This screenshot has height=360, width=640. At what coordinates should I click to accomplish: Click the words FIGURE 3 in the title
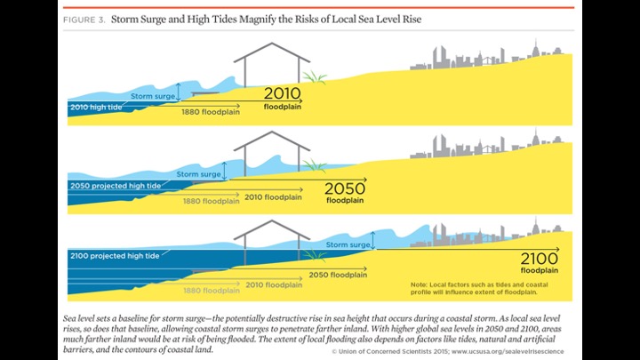click(x=86, y=19)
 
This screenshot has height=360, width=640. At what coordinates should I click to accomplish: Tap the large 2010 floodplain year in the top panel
click(x=283, y=93)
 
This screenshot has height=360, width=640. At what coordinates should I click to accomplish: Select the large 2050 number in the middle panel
click(x=345, y=188)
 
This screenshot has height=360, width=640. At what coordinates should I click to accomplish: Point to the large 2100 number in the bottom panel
click(x=540, y=258)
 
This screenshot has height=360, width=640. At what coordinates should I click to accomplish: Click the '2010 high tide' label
click(x=97, y=107)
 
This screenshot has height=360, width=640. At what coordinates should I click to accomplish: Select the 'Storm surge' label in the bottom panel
click(x=348, y=244)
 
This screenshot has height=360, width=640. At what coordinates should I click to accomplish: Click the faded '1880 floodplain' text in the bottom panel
click(x=211, y=290)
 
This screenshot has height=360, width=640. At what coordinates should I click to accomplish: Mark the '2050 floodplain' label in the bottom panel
click(x=339, y=276)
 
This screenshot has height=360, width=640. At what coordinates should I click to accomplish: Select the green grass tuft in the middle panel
click(x=313, y=164)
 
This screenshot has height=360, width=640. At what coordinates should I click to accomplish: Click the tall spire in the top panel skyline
click(x=534, y=49)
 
